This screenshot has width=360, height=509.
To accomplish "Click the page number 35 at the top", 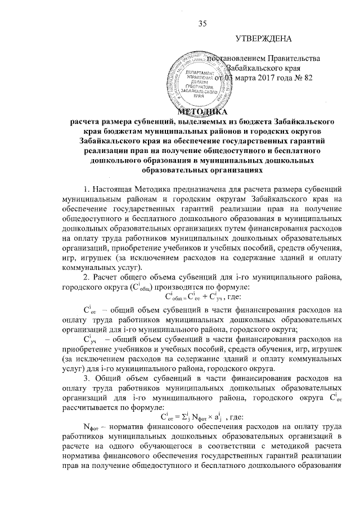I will (203, 23).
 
